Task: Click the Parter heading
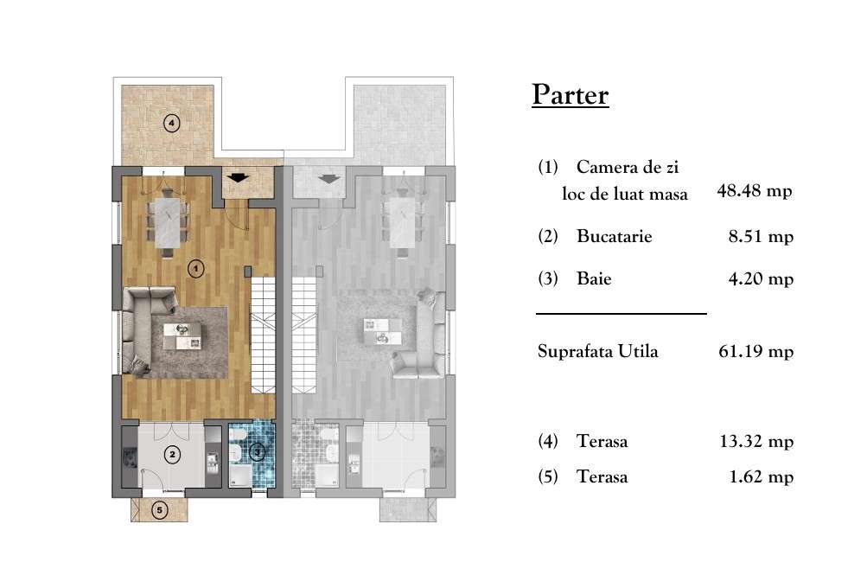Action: [570, 94]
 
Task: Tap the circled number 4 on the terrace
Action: [172, 123]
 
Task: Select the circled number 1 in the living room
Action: [196, 269]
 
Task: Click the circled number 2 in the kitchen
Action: [173, 454]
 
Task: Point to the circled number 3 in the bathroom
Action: [258, 450]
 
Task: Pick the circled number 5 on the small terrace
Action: [159, 510]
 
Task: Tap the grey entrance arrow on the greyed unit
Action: [328, 178]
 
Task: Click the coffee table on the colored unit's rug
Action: [184, 334]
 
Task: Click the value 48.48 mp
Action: [755, 191]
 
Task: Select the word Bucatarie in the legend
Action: [614, 236]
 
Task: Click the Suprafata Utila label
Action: [597, 351]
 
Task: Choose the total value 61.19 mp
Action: [755, 351]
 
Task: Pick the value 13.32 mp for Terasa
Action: [755, 442]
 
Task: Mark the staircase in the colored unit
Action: [265, 342]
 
